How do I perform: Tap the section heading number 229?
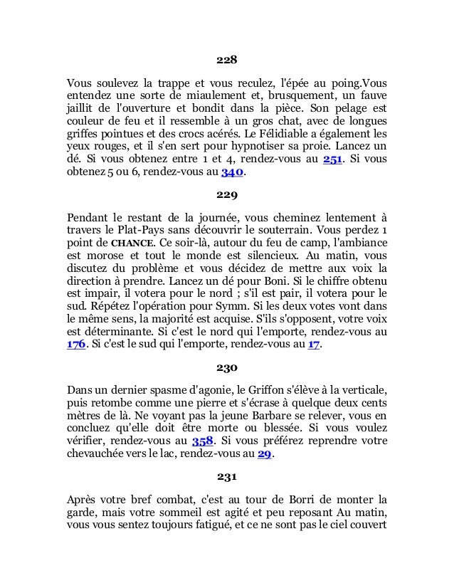point(227,194)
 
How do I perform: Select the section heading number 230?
point(227,369)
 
